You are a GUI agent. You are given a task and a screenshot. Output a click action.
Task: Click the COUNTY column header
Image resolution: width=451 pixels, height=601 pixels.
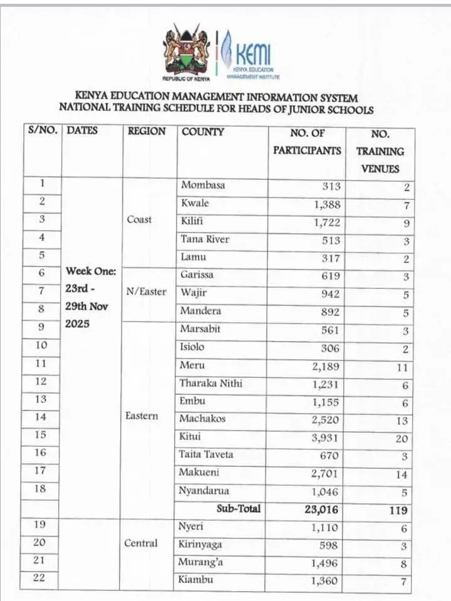202,132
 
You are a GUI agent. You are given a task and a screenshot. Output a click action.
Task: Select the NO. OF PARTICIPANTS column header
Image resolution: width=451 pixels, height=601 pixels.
306,142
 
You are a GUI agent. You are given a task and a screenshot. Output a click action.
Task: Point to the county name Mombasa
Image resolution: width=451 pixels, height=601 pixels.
203,186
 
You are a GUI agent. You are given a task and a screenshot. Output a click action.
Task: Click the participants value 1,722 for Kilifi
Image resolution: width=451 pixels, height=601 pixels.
326,222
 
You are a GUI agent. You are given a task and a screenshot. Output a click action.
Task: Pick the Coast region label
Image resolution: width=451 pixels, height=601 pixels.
139,220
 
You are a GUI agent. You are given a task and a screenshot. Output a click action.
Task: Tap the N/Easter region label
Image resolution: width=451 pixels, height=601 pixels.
147,292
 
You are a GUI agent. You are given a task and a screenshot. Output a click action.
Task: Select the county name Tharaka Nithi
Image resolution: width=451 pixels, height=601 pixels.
211,384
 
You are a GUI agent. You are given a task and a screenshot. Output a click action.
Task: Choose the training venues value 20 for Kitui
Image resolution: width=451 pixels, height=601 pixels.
401,439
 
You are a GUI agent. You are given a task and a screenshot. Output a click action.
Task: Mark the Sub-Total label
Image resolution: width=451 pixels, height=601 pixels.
238,509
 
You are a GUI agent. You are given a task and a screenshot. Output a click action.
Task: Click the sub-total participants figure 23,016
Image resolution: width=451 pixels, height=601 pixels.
320,510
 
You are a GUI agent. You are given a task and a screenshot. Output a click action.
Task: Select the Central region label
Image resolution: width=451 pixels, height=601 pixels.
141,543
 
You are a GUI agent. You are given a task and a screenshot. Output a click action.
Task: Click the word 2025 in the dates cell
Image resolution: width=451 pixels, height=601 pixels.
77,325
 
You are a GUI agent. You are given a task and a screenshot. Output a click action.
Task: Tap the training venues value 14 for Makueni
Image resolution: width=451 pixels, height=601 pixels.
402,475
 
